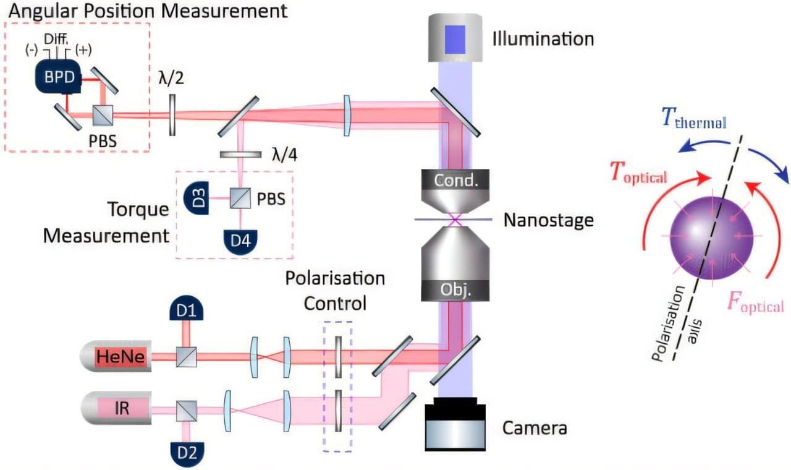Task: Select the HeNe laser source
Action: [x=117, y=357]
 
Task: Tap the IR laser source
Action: [x=117, y=409]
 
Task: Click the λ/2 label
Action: [x=171, y=79]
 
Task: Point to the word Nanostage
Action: [x=548, y=220]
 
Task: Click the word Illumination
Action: [x=543, y=39]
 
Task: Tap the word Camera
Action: [x=535, y=427]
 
